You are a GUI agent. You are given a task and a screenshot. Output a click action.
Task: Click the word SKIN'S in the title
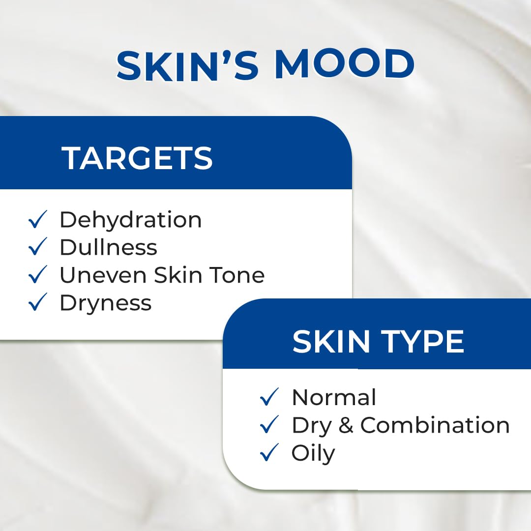point(188,65)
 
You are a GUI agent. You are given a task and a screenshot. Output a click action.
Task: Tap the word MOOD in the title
point(344,65)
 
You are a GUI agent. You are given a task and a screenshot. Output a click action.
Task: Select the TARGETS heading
point(137,158)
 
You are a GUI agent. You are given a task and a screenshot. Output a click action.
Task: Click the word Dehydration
point(130,220)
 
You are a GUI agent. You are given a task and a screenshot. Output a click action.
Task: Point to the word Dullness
point(108,247)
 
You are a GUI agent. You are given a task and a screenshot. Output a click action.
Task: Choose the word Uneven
point(103,275)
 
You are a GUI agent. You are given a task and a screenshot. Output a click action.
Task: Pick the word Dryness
point(105,303)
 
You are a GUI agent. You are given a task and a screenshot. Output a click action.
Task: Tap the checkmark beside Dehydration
point(38,220)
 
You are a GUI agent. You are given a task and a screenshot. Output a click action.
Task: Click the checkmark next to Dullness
point(38,247)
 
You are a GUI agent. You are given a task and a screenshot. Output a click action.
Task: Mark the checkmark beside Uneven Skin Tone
point(38,275)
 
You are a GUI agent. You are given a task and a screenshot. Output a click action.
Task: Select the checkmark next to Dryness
point(38,303)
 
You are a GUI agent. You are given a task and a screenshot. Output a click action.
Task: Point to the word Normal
point(334,397)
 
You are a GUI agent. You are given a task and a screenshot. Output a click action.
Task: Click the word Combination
point(435,426)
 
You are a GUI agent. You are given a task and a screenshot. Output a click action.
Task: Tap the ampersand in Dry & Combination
point(346,426)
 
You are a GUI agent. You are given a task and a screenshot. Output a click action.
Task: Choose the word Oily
point(313,454)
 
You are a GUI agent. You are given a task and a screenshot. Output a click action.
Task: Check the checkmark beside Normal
point(269,397)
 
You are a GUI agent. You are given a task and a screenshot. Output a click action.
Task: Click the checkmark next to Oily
point(269,453)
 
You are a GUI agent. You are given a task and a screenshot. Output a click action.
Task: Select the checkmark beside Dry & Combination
point(269,425)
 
